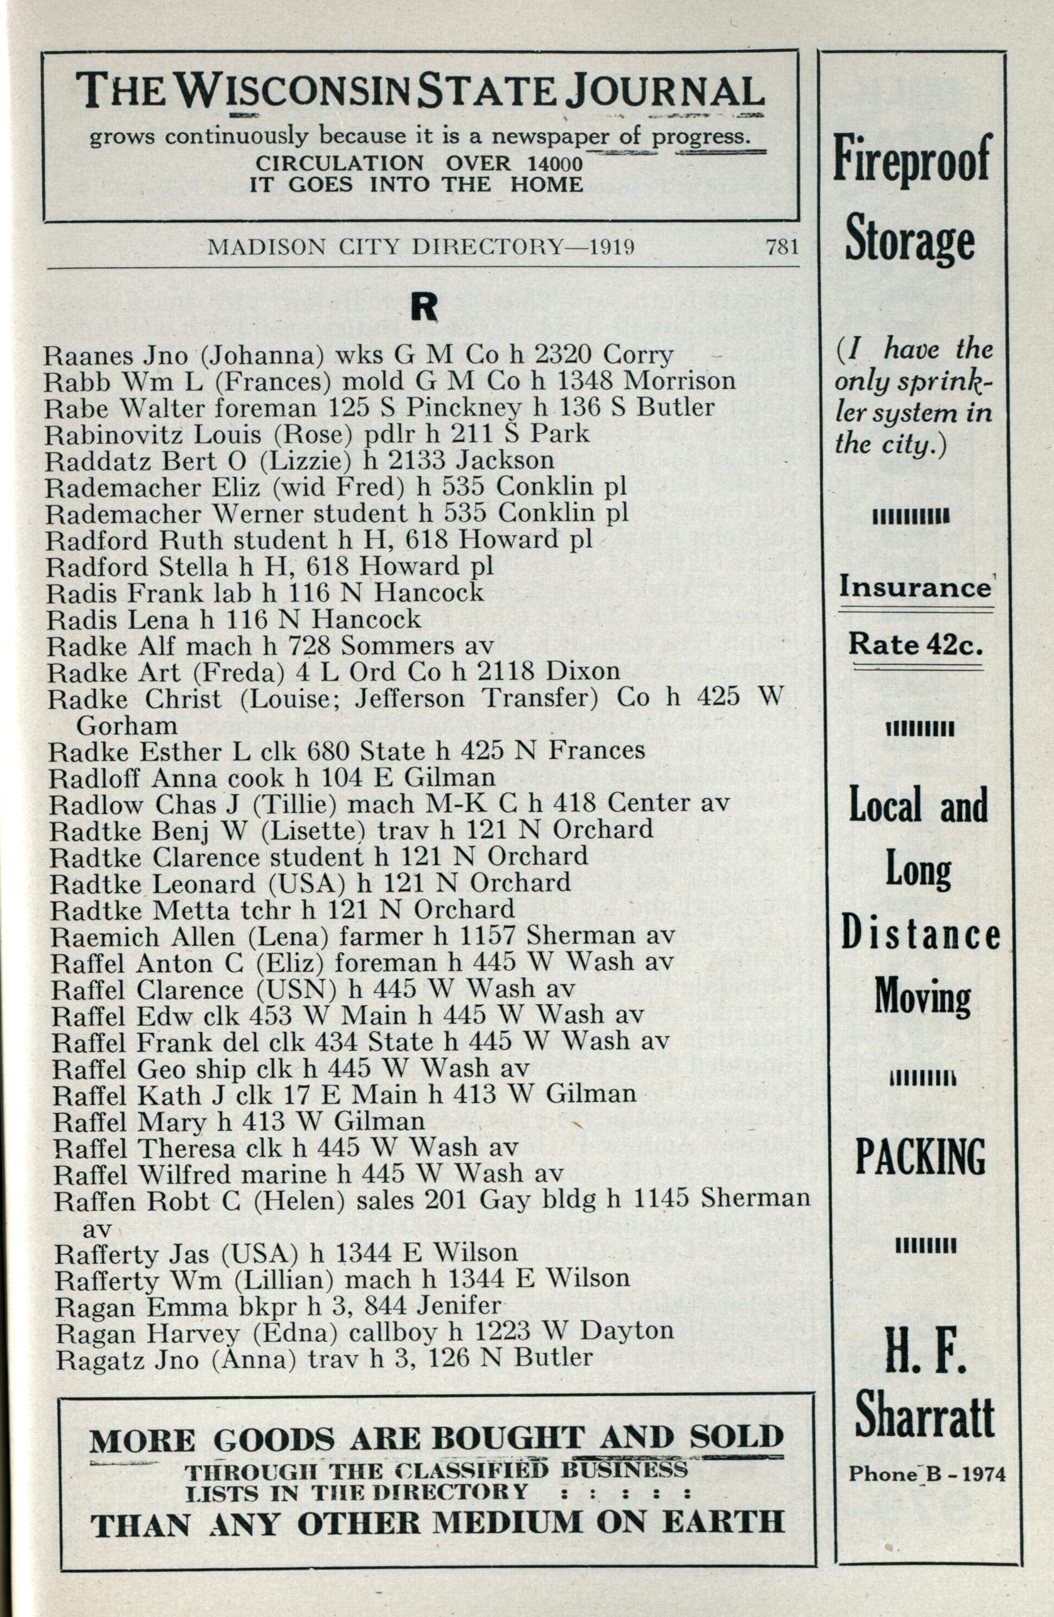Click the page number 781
(x=780, y=247)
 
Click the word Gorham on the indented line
(x=128, y=725)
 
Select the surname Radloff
(x=96, y=777)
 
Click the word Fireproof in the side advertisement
(x=911, y=159)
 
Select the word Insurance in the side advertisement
(x=914, y=587)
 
